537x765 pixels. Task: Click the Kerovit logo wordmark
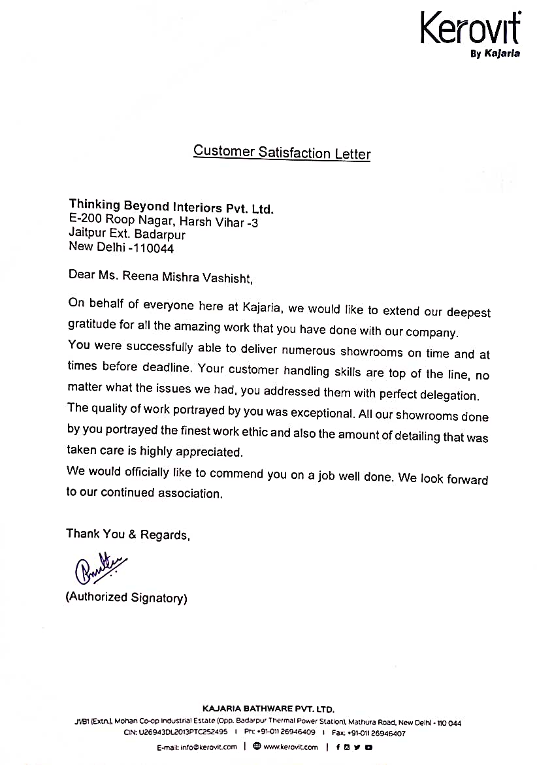point(470,29)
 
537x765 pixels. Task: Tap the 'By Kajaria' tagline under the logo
point(495,54)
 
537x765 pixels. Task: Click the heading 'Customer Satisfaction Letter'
point(282,152)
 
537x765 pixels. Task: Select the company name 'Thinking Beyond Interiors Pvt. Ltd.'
point(171,208)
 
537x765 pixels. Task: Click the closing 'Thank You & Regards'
point(127,534)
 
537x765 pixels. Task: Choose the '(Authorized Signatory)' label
point(126,597)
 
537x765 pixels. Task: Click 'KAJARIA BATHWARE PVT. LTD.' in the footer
point(268,708)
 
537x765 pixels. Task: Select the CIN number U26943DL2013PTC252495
point(184,732)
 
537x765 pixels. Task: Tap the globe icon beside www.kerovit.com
point(257,747)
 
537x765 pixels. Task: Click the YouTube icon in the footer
point(369,747)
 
